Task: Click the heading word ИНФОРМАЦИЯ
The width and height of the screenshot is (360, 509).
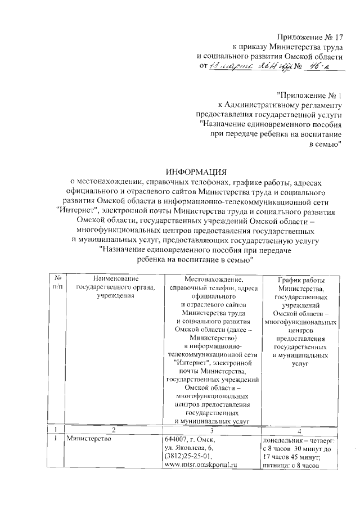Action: [195, 171]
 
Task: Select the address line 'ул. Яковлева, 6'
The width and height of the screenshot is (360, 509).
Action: [190, 448]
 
